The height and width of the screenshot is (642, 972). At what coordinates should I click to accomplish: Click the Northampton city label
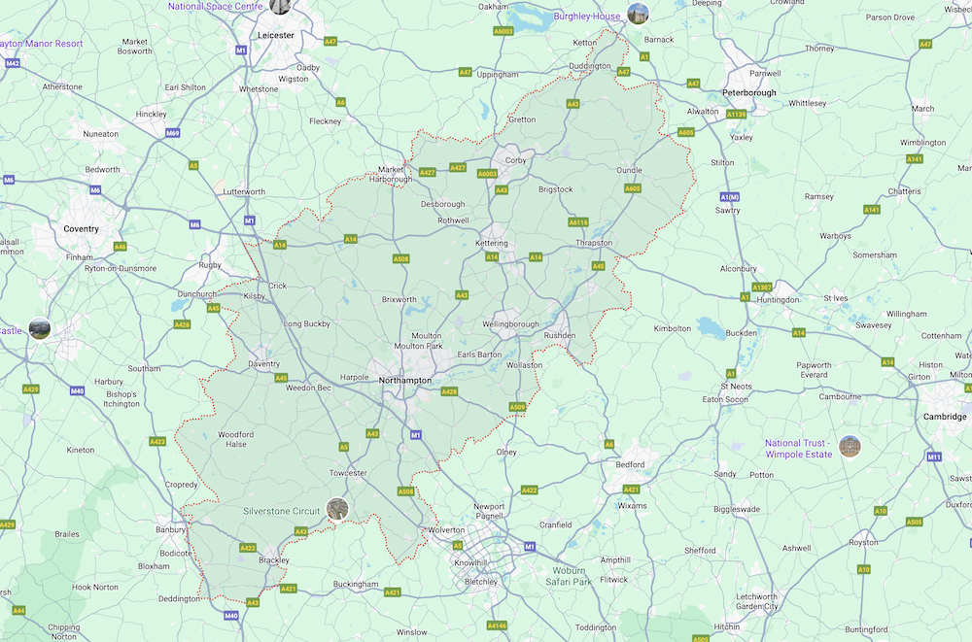click(405, 380)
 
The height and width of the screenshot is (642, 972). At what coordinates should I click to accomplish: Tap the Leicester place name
click(276, 35)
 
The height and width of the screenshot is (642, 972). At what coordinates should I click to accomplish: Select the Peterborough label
click(748, 93)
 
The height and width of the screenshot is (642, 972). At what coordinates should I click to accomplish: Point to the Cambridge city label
click(945, 417)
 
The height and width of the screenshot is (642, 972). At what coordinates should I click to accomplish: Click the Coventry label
click(81, 229)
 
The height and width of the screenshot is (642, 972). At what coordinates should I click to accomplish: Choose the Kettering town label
click(492, 243)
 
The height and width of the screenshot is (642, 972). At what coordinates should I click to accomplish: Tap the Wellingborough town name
click(510, 324)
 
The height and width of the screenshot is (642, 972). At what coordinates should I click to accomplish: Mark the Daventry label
click(263, 364)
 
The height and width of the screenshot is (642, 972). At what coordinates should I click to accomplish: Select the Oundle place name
click(629, 171)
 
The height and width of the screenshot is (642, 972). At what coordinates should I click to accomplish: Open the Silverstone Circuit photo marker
click(337, 509)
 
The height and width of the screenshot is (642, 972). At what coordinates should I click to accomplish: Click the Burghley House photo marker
click(638, 14)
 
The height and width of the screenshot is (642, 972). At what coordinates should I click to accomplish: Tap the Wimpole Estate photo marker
click(850, 447)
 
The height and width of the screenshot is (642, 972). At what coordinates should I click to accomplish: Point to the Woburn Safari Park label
click(569, 576)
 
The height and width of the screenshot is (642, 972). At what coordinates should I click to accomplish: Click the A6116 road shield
click(578, 221)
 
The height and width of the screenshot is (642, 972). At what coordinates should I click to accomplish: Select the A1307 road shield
click(762, 287)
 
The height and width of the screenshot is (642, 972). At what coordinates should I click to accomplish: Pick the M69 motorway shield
click(172, 133)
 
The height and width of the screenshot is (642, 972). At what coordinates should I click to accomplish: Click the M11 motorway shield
click(933, 456)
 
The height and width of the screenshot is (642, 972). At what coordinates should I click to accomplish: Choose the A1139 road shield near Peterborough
click(736, 115)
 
